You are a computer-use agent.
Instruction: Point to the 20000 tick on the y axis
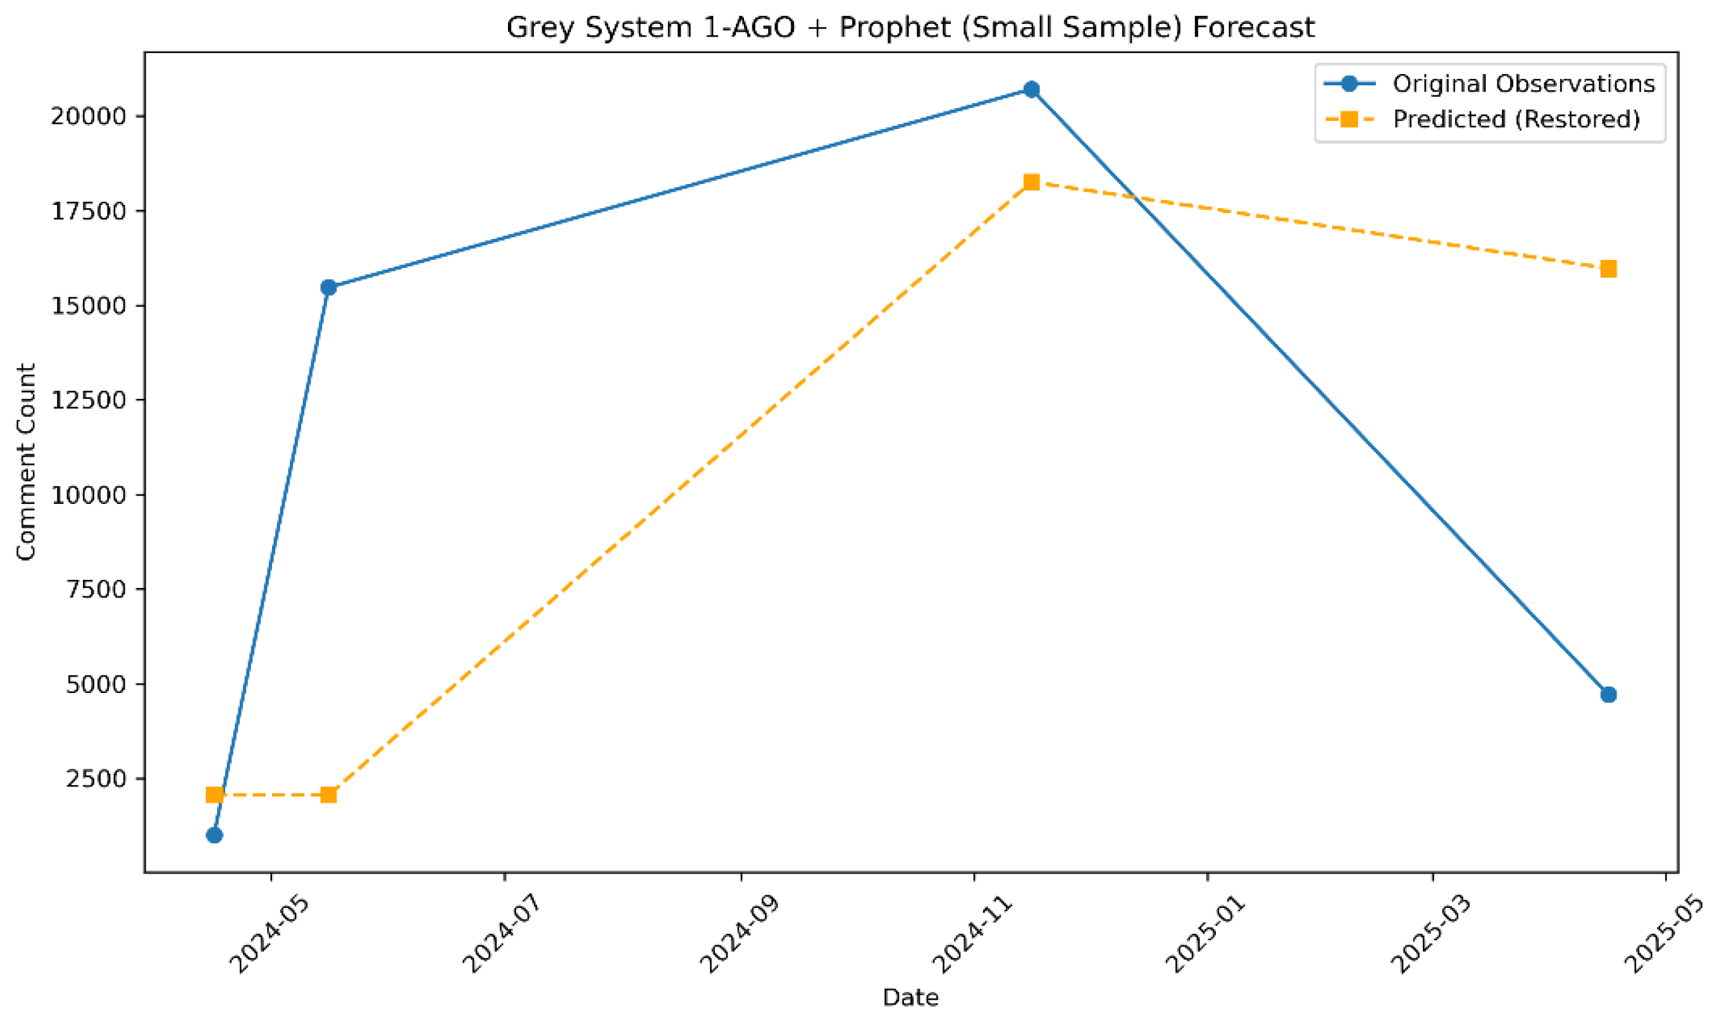click(89, 116)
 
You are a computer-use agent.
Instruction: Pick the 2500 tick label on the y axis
click(97, 779)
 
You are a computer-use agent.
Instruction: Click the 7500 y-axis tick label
click(97, 590)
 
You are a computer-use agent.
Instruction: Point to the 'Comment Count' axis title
click(26, 462)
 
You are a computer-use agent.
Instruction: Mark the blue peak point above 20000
click(1031, 90)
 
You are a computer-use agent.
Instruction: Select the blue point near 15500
click(329, 288)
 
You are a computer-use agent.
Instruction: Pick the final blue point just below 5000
click(1608, 695)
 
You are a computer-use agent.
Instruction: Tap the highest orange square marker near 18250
click(1031, 183)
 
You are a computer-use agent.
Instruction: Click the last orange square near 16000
click(1608, 269)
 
